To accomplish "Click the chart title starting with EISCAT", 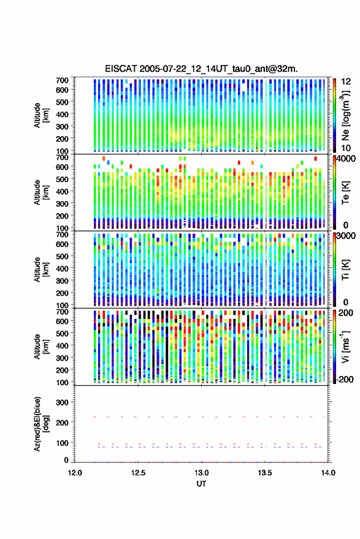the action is [202, 69].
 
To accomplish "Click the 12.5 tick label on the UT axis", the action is [138, 473].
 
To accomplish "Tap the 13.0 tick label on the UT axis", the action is [202, 473].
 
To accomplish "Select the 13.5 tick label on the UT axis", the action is [265, 473].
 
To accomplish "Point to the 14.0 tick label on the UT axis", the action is [328, 473].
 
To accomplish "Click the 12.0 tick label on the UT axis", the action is [75, 473].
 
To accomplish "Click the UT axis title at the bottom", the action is [202, 484].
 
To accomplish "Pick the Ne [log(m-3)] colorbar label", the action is [345, 115].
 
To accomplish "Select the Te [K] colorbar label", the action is [345, 193].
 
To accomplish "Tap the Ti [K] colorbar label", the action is [345, 270].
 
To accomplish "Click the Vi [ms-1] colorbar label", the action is [345, 347].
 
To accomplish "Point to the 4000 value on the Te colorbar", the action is [347, 159].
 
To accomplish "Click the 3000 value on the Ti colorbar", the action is [347, 236].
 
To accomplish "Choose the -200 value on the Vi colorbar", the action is [345, 380].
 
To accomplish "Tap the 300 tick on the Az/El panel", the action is [62, 402].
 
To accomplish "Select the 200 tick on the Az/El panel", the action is [62, 423].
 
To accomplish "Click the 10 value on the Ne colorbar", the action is [346, 148].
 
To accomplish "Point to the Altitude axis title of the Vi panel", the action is [41, 347].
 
